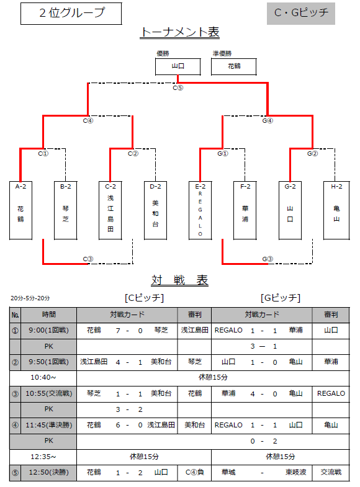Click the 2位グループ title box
71,14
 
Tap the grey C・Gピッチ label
300,14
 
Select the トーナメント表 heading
179,32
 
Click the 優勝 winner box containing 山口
178,66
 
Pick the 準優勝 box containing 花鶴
233,66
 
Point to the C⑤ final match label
178,88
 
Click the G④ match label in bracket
268,120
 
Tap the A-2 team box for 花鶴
21,210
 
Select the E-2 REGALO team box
200,210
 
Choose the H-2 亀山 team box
336,210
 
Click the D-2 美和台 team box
155,210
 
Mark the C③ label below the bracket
88,259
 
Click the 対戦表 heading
179,280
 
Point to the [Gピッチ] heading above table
281,298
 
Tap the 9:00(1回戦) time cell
49,331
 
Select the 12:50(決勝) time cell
49,472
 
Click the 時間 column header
49,315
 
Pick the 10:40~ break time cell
43,378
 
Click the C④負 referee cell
194,472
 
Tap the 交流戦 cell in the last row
331,472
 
